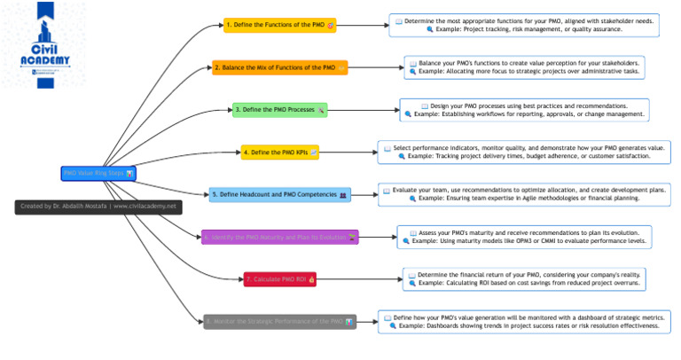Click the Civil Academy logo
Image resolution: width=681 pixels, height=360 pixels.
(x=44, y=44)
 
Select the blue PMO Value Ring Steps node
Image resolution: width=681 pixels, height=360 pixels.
(x=98, y=173)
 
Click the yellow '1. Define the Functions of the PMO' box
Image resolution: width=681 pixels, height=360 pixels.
(x=280, y=25)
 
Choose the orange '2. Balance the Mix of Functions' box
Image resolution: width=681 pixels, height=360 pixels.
(x=280, y=67)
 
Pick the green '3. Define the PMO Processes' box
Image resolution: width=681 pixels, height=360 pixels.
(x=280, y=110)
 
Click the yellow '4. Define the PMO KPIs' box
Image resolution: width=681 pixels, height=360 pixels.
(x=280, y=153)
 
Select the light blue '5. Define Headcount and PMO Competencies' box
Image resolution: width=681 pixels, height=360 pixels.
(x=280, y=194)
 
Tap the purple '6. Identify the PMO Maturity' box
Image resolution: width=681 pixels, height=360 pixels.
(x=280, y=237)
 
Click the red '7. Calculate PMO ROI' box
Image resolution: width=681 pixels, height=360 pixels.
(x=280, y=279)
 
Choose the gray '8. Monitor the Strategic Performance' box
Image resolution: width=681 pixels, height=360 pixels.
(x=280, y=322)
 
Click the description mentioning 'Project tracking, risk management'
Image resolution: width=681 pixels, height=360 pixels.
(x=524, y=25)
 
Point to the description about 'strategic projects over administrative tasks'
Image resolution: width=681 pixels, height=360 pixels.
(x=524, y=67)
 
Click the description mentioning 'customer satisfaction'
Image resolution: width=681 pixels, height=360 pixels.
(x=524, y=152)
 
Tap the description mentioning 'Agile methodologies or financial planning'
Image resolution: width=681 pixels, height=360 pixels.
(x=524, y=194)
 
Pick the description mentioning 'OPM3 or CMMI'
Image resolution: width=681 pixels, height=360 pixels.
(x=524, y=237)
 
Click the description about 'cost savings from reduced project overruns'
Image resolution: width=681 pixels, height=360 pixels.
(x=524, y=279)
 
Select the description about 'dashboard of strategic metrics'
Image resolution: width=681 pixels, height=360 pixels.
(x=524, y=322)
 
